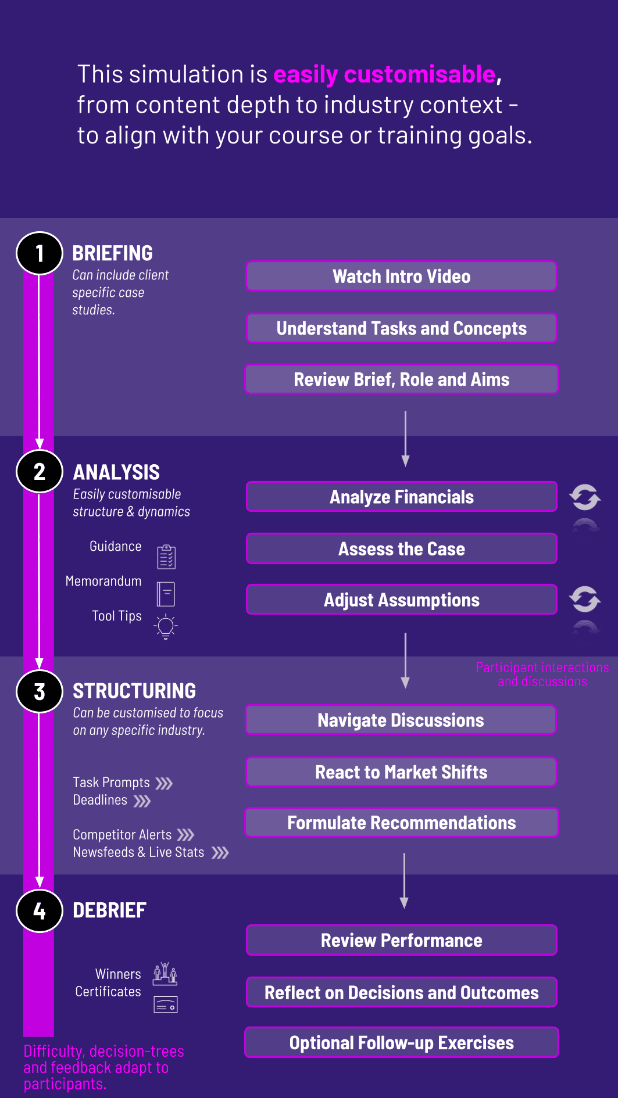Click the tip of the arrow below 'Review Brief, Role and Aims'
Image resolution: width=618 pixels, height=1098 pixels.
coord(405,467)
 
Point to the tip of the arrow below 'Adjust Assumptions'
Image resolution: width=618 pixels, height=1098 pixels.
coord(405,688)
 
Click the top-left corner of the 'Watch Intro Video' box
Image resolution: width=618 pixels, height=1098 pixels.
coord(247,261)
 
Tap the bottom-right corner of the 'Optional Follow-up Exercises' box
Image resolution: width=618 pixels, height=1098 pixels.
coord(558,1057)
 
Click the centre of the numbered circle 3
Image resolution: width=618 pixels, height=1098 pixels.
coord(40,691)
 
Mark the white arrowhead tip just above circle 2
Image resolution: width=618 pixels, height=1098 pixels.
coord(40,448)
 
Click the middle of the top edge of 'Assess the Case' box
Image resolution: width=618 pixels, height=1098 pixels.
coord(402,534)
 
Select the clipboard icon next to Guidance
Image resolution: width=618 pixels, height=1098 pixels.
coord(166,557)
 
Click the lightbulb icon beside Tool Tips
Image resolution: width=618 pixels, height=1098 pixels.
coord(166,627)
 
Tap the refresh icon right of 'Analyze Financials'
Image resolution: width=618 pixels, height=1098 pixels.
coord(585,497)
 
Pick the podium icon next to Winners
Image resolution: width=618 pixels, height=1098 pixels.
coord(165,973)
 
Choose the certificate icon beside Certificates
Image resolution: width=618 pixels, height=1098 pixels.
coord(166,1004)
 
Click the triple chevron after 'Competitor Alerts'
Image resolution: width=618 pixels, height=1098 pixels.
coord(186,835)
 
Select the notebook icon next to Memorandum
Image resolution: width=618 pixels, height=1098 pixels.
coord(166,594)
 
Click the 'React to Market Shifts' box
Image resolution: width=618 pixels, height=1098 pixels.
coord(402,772)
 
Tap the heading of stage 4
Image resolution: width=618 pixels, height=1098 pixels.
coord(109,910)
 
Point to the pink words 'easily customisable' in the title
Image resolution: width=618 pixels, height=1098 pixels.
coord(384,74)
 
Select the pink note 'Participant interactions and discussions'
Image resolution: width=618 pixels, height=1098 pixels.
coord(542,674)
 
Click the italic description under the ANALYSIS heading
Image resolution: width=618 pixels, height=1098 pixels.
coord(131,503)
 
